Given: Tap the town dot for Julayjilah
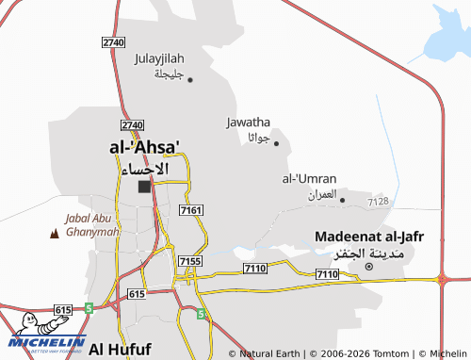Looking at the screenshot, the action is click(190, 79).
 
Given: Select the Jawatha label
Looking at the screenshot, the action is click(249, 122).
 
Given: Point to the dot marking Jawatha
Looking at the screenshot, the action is click(276, 143).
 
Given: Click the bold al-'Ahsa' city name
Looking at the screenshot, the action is click(145, 147).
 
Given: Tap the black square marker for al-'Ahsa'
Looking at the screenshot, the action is click(144, 187).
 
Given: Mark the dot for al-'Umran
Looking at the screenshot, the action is click(342, 200).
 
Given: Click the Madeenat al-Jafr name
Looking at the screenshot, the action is click(366, 236).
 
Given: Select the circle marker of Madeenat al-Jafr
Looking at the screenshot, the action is click(369, 267).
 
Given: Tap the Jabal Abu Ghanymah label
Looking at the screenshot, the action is click(91, 225).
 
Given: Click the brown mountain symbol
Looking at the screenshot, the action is click(52, 232).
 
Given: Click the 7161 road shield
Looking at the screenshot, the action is click(189, 210).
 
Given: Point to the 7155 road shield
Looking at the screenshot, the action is click(189, 261).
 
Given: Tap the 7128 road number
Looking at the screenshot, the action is click(379, 202).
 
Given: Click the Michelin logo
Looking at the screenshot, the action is click(47, 334).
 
